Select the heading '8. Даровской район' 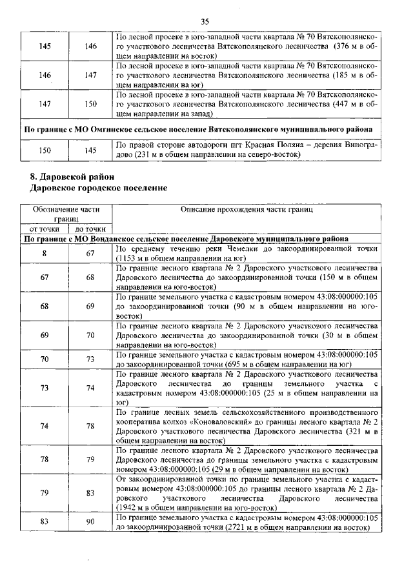click(72, 177)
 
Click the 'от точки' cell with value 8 click(45, 253)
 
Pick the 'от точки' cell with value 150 click(45, 150)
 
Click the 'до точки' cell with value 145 click(90, 150)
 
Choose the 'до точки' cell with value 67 click(90, 253)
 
